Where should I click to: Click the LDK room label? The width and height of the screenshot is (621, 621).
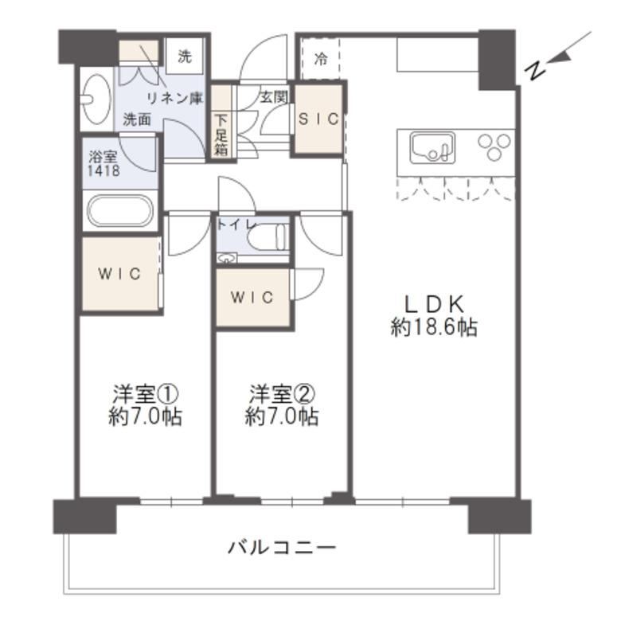(434, 304)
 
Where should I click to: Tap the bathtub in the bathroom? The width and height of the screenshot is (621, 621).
(120, 211)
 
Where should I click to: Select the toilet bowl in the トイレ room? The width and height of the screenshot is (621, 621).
(268, 236)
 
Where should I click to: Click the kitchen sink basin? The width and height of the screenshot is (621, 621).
(432, 148)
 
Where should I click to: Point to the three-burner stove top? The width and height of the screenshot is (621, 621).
(494, 147)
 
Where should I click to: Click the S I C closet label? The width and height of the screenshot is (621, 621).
(318, 119)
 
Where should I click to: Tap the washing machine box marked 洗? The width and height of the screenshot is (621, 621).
(185, 57)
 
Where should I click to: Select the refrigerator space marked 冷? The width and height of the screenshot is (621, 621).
(320, 59)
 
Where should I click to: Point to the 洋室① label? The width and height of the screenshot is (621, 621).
(145, 393)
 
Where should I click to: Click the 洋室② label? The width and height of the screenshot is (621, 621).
(282, 393)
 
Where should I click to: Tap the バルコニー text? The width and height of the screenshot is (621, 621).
(282, 548)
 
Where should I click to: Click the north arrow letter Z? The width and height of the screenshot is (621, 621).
(535, 72)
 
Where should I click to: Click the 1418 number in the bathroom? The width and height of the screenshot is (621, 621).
(103, 170)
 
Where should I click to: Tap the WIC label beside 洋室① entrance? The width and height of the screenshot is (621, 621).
(119, 274)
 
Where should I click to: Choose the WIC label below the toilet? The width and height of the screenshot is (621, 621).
(252, 298)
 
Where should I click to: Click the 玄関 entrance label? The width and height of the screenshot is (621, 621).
(274, 97)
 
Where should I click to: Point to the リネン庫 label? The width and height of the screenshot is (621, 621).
(174, 98)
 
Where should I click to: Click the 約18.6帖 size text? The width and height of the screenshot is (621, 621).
(434, 327)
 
